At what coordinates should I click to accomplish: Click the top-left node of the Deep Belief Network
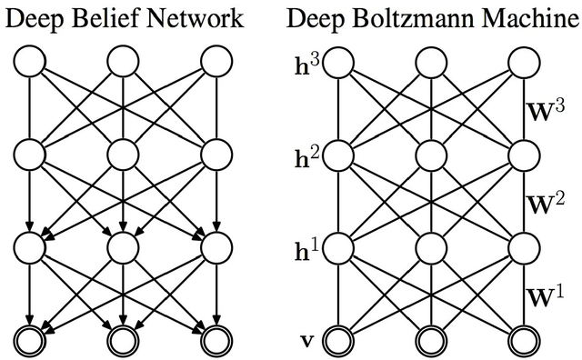pyautogui.click(x=29, y=63)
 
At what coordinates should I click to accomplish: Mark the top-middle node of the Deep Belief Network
pyautogui.click(x=123, y=63)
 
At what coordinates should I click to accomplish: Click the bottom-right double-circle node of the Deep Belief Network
pyautogui.click(x=216, y=340)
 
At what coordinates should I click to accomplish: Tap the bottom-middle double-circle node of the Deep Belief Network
pyautogui.click(x=123, y=340)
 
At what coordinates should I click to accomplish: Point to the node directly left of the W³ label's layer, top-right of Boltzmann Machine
pyautogui.click(x=524, y=63)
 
